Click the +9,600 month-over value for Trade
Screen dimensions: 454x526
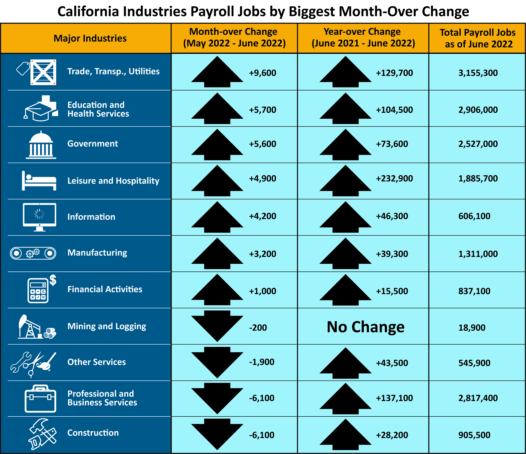point(262,73)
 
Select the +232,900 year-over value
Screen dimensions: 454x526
point(394,178)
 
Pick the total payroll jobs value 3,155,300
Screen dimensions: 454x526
point(478,73)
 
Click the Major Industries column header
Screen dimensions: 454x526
point(90,38)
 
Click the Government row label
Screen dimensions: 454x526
point(92,144)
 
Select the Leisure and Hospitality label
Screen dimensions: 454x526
point(113,181)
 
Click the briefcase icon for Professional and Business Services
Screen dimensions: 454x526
point(40,399)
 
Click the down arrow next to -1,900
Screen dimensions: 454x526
point(217,362)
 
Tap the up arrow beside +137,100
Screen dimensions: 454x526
point(345,399)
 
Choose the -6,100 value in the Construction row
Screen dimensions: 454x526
point(261,435)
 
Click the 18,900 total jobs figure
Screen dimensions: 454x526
point(472,328)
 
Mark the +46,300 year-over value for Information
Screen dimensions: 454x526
point(392,216)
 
